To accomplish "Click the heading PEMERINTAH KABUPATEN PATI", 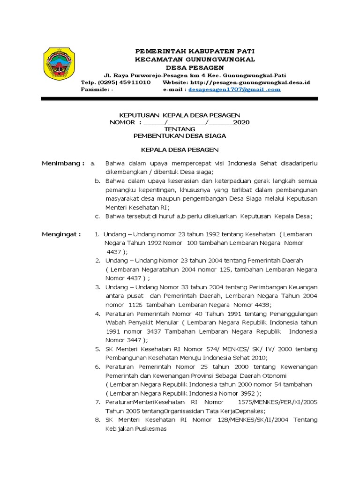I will (195, 51).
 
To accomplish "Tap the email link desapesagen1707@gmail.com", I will (234, 89).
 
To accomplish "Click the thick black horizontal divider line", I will (180, 99).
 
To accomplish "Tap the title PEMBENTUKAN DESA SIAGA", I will (180, 135).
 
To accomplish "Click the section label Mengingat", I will (61, 234).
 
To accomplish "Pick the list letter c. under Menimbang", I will (97, 216).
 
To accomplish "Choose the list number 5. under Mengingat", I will (97, 349).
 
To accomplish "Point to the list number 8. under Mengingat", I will (97, 420).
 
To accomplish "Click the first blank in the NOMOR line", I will (153, 122).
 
